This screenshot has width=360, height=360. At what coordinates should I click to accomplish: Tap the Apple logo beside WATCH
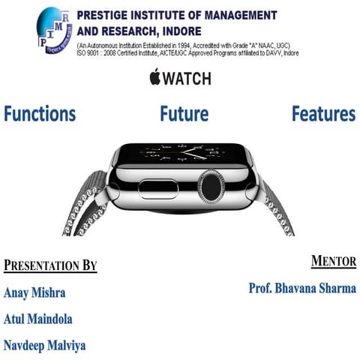156,77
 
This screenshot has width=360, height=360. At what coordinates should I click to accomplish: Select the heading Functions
40,114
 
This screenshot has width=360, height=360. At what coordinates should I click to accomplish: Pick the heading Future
184,114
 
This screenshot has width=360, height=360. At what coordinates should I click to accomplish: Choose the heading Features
323,114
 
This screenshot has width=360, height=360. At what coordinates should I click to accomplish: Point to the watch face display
184,151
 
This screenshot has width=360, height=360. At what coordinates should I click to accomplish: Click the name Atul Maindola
38,319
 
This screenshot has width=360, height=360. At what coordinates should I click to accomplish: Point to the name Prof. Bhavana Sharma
302,288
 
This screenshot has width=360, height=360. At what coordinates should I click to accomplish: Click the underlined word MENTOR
333,262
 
